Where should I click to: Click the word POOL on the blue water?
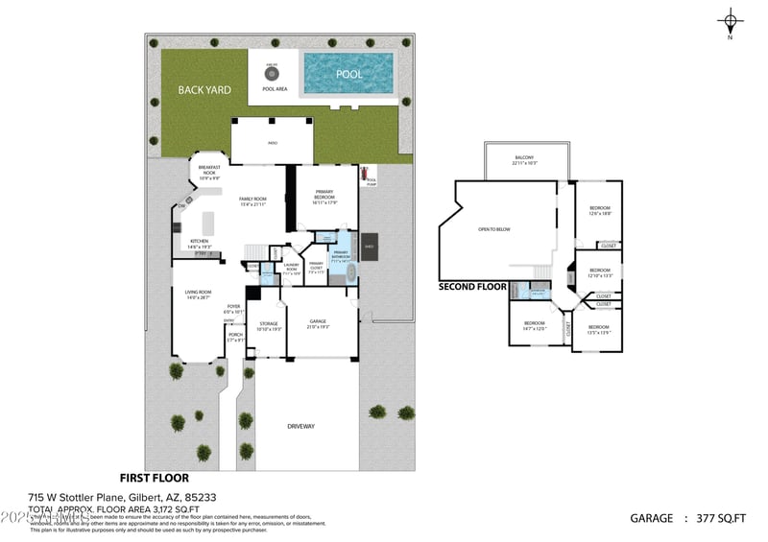tap(348, 73)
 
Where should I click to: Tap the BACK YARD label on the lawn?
tap(204, 89)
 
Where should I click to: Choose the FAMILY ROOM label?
tap(252, 199)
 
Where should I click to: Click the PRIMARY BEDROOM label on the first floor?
tap(324, 193)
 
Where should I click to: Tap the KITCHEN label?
tap(199, 241)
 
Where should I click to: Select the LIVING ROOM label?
tap(198, 292)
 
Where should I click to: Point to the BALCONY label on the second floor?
tap(524, 158)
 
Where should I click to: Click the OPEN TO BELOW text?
tap(494, 229)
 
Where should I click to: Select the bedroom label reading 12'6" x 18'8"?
tap(599, 208)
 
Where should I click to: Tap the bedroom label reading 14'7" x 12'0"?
tap(534, 324)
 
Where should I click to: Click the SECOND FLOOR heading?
tap(472, 286)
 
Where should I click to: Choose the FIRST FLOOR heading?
tap(154, 477)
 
